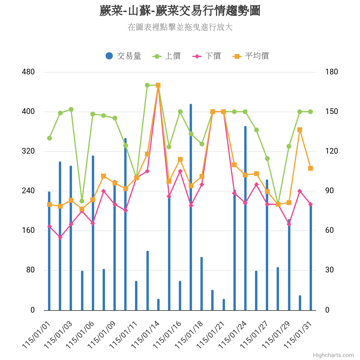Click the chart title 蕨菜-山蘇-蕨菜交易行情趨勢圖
(x=180, y=11)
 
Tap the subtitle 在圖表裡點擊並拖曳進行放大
(x=180, y=27)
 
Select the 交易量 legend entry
(x=123, y=56)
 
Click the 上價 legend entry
(x=166, y=56)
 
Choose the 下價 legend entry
(x=207, y=56)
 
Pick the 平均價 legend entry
(x=250, y=56)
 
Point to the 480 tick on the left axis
(x=28, y=72)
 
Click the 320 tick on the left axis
(x=28, y=151)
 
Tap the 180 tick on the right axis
(x=331, y=72)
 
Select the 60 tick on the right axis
(x=329, y=230)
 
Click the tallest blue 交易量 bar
(x=191, y=207)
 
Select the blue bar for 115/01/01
(x=49, y=251)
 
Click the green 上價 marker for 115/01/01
(x=49, y=138)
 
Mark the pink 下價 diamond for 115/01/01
(x=49, y=226)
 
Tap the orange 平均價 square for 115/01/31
(x=310, y=168)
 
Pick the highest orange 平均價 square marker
(x=158, y=85)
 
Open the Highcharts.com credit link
(x=333, y=355)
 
